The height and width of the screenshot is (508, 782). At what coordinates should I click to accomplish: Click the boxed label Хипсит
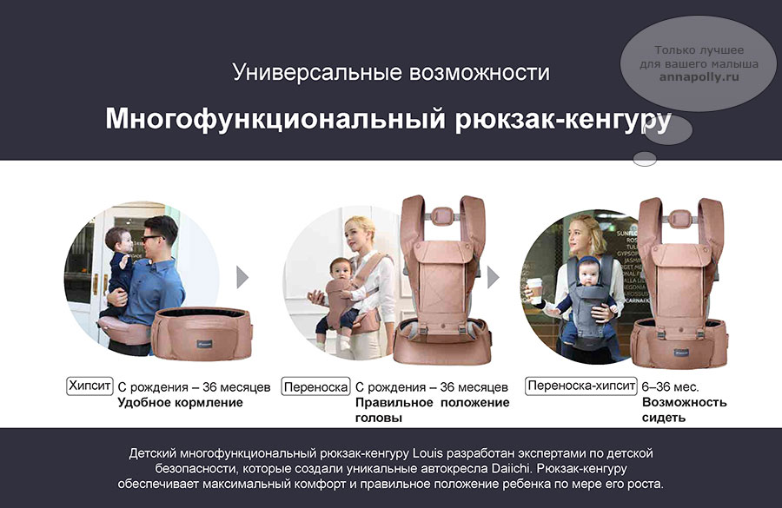click(x=89, y=386)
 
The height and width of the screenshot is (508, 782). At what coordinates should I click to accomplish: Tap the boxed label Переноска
click(x=315, y=386)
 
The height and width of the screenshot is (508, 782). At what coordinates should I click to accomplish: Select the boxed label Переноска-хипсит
click(x=581, y=386)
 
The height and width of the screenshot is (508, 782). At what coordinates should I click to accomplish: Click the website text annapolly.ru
click(x=699, y=76)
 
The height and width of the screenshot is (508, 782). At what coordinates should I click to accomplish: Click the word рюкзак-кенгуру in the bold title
click(x=563, y=119)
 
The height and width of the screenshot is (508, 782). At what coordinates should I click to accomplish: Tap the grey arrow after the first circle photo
click(x=242, y=277)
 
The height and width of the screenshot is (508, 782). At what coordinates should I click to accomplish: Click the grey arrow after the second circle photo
click(x=494, y=277)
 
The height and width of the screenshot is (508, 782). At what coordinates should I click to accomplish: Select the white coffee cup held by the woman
click(x=534, y=290)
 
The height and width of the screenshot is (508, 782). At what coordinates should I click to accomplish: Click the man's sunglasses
click(x=150, y=238)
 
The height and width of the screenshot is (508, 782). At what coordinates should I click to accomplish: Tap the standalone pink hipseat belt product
click(x=202, y=333)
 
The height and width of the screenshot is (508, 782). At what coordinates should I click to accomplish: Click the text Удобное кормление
click(x=180, y=402)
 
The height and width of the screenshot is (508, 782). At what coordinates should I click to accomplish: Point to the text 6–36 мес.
click(x=670, y=386)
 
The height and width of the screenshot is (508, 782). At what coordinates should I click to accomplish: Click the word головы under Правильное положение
click(x=379, y=418)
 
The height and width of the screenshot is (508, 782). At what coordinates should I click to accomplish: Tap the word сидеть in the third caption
click(x=664, y=418)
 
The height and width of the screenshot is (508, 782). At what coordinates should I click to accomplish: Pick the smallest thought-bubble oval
click(x=645, y=159)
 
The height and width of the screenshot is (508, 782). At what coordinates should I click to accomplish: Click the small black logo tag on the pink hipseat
click(x=205, y=343)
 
